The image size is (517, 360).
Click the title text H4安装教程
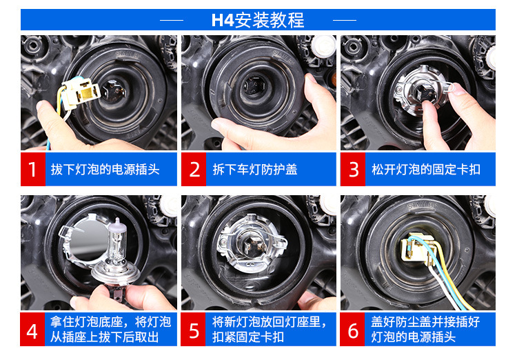258,20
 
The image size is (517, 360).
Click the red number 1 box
33,169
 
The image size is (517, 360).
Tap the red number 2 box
194,169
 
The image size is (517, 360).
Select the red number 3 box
353,169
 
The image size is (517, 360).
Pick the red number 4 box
32,330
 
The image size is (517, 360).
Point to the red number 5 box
193,330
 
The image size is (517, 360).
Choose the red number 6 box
352,330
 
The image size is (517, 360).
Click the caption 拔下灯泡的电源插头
105,170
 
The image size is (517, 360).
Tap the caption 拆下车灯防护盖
255,170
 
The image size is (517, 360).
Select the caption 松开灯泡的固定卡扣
426,170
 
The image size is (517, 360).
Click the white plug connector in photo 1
81,93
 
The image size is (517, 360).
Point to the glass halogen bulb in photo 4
116,246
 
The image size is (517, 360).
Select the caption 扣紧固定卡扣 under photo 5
248,337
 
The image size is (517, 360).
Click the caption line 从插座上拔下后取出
105,337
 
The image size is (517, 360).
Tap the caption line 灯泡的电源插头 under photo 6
413,337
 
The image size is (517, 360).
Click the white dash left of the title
172,20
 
